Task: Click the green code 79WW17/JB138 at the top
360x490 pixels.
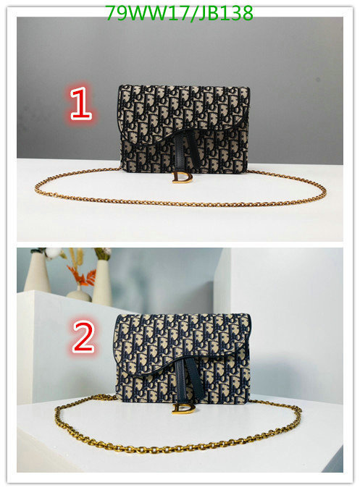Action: [x=179, y=14]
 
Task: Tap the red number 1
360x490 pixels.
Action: [x=81, y=104]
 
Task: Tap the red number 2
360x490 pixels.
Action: [x=83, y=337]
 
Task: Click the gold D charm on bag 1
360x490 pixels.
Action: [x=182, y=177]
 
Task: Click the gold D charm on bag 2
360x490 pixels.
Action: [x=183, y=408]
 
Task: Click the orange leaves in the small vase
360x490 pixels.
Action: [x=82, y=275]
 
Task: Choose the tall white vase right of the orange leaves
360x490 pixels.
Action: [x=102, y=282]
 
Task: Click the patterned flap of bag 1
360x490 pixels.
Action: [x=185, y=112]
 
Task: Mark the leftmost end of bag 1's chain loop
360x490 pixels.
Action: [x=35, y=190]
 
